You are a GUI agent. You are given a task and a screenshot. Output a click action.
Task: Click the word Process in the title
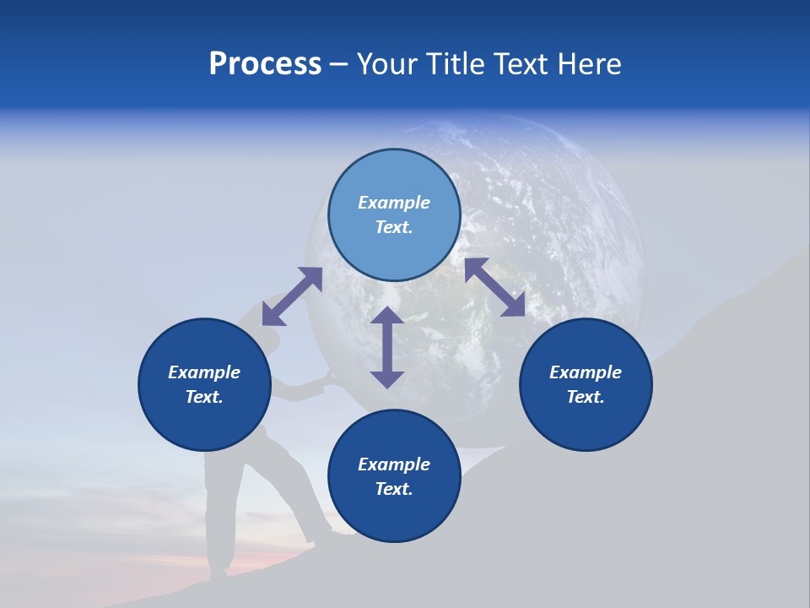point(265,64)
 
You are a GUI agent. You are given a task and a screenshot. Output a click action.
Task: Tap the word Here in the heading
point(590,64)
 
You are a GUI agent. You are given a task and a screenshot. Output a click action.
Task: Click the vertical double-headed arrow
point(387,347)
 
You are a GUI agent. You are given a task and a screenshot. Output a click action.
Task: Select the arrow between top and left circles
point(292,296)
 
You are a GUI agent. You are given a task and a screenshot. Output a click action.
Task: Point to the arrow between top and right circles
point(495,287)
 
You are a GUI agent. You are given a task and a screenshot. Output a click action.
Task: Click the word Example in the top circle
point(394,203)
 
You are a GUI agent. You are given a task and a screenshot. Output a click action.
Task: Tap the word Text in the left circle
point(204,397)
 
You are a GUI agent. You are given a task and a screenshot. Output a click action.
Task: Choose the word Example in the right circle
point(586,372)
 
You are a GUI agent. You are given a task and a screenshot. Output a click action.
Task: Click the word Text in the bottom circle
point(394,489)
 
